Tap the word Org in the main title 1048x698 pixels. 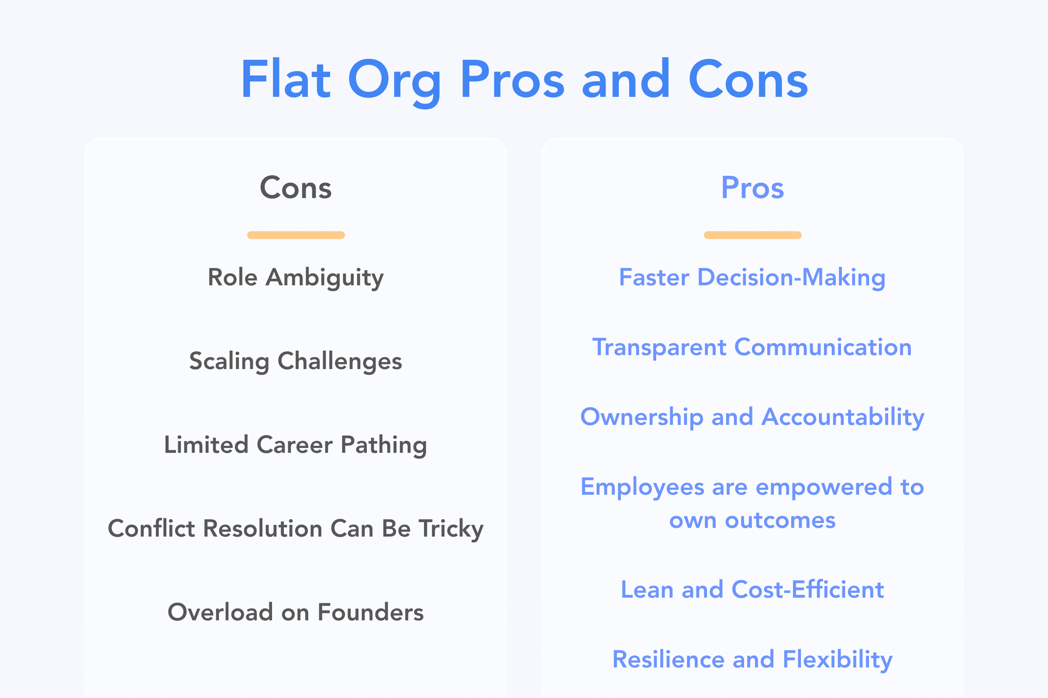tap(394, 82)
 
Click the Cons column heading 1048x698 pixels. tap(296, 188)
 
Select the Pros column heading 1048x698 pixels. tap(752, 188)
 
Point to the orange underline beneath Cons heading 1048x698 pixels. tap(296, 235)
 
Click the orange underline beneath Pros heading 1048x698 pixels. tap(752, 235)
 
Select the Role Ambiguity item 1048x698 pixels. tap(296, 278)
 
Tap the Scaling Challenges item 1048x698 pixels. tap(296, 361)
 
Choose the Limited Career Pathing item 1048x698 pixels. tap(296, 445)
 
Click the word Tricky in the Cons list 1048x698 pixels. tap(452, 529)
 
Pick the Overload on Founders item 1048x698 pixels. tap(296, 612)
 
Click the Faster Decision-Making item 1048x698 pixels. tap(752, 278)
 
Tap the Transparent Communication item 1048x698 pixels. tap(752, 347)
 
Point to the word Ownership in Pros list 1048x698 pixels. tap(642, 417)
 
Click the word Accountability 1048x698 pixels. tap(843, 417)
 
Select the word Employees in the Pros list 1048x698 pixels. tap(642, 487)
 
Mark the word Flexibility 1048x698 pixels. tap(838, 660)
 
